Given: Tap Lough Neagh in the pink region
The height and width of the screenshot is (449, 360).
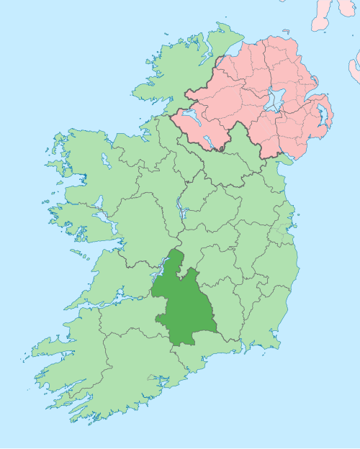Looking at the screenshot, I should [x=274, y=101].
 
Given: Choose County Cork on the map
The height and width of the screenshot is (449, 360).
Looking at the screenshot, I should [x=130, y=374].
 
